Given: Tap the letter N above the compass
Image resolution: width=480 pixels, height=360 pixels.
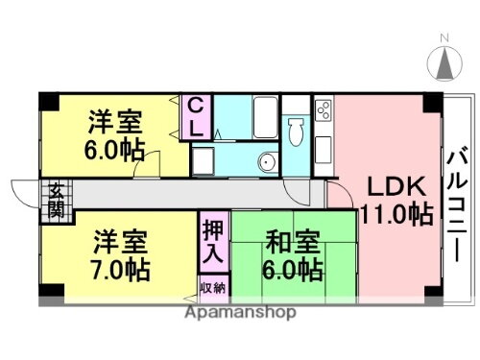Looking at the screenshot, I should (x=444, y=39).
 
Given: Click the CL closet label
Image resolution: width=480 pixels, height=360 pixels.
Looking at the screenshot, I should (x=195, y=117).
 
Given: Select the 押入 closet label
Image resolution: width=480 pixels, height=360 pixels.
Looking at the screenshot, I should (x=213, y=243).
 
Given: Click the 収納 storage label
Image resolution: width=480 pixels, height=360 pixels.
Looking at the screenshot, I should (x=213, y=286).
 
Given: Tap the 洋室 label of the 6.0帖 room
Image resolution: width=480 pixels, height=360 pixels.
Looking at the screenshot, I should (x=116, y=123).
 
